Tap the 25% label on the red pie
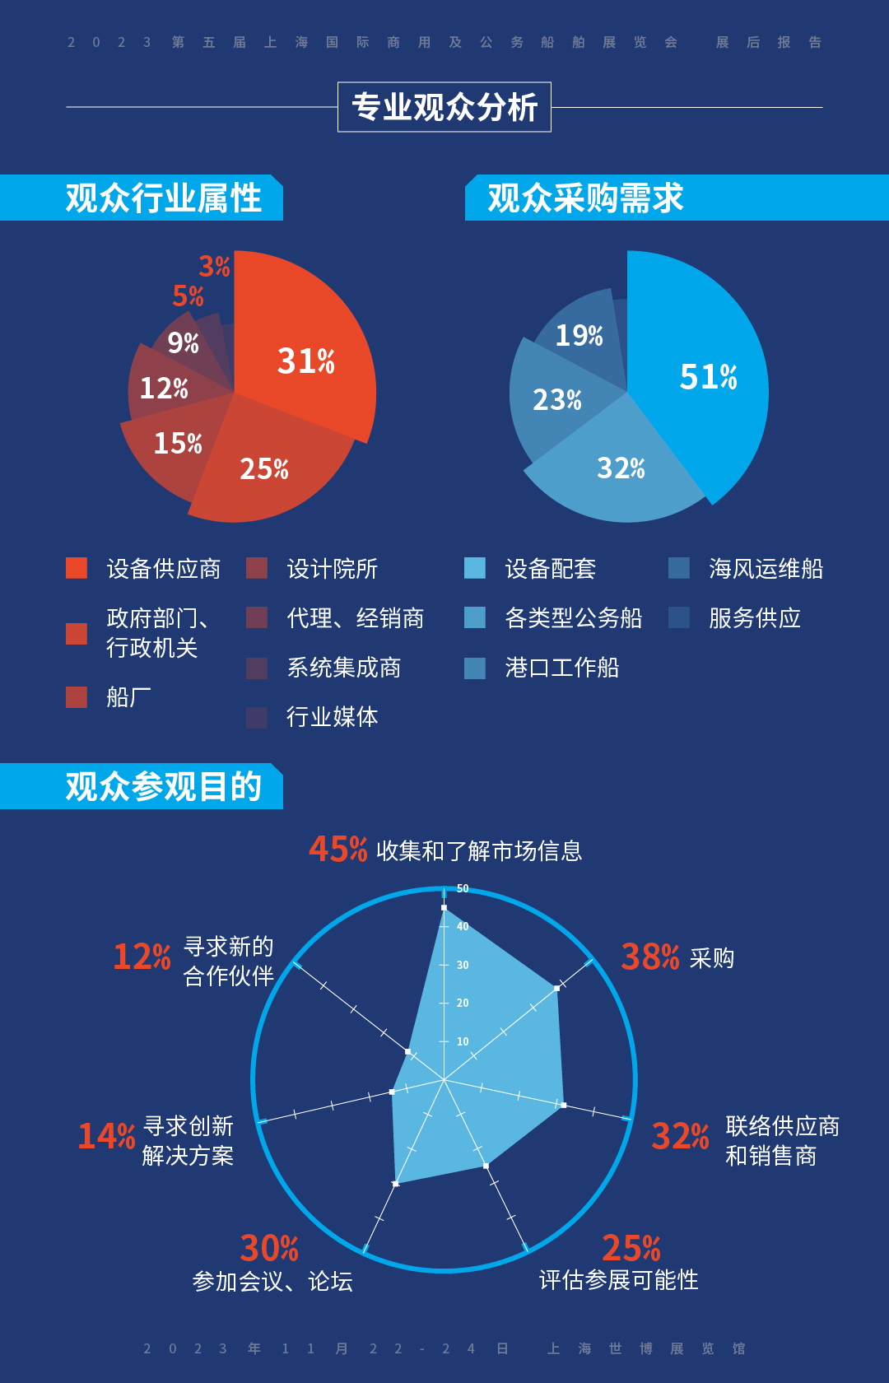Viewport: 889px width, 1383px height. coord(264,469)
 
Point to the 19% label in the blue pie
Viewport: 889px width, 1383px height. coord(579,335)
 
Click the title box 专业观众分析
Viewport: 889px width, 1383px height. coord(444,107)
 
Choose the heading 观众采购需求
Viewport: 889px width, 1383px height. coord(585,198)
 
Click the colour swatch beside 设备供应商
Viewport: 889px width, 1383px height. coord(77,568)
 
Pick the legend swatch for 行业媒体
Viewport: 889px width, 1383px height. coord(257,717)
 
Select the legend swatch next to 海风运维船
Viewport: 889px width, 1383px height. coord(679,568)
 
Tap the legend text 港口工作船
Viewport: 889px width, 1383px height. coord(562,668)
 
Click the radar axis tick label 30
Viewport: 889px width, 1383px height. coord(463,965)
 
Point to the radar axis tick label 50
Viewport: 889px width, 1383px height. coord(463,889)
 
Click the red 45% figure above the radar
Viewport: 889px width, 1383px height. coord(337,849)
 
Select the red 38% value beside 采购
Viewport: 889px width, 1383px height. coord(650,957)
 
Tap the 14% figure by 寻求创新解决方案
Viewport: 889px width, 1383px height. coord(106,1137)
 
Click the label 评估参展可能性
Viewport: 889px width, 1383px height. coord(618,1280)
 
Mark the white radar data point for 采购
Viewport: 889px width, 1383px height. coord(557,988)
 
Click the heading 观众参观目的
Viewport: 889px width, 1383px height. coord(163,787)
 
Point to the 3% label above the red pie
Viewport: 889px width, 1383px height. coord(214,267)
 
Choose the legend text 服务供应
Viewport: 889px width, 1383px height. coord(755,618)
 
